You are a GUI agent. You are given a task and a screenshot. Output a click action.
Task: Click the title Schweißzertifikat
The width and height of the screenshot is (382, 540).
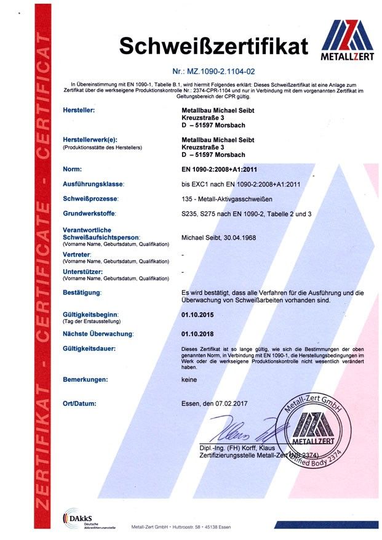pyautogui.click(x=213, y=46)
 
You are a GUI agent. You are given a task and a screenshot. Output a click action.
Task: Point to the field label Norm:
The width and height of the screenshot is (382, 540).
pyautogui.click(x=73, y=168)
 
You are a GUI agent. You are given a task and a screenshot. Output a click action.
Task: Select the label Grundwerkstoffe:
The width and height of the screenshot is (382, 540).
pyautogui.click(x=90, y=214)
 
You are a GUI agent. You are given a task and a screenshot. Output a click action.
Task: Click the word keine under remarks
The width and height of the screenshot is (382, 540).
pyautogui.click(x=189, y=380)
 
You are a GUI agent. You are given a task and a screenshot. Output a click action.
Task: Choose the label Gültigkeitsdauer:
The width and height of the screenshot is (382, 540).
pyautogui.click(x=90, y=349)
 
